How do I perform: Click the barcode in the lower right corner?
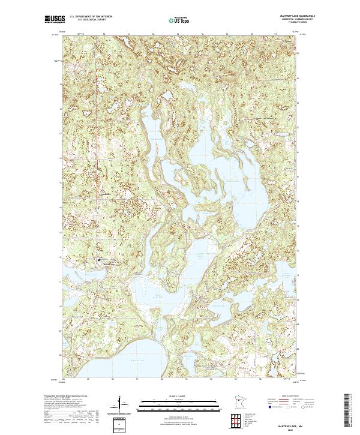point(347,411)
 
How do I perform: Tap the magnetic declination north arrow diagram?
point(123,404)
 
